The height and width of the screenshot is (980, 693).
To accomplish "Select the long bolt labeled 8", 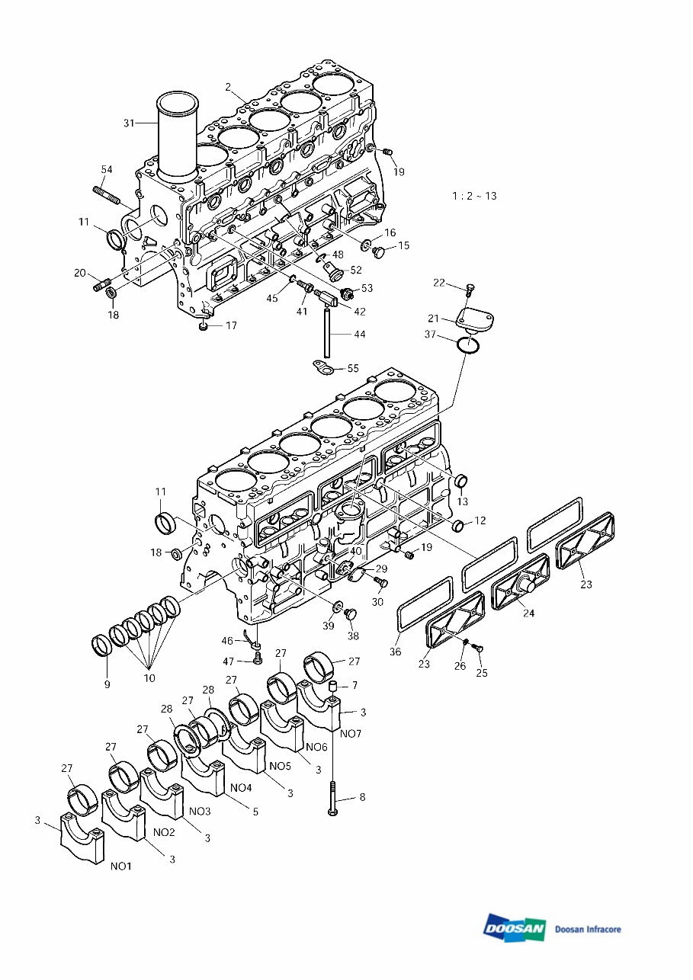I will (333, 797).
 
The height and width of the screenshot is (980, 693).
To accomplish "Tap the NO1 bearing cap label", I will (121, 866).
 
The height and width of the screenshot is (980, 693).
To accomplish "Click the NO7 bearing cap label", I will (351, 733).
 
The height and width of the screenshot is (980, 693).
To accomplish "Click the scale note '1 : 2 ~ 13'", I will (474, 196).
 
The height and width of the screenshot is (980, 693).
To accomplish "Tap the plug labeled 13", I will (460, 482).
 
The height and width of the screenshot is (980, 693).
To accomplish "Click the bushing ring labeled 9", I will (100, 645).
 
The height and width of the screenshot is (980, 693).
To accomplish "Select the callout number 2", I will (228, 87).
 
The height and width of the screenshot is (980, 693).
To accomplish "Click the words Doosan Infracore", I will (588, 929).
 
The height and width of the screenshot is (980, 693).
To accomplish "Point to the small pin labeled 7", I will (332, 688).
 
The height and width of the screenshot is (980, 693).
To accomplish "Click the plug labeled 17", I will (203, 327).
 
